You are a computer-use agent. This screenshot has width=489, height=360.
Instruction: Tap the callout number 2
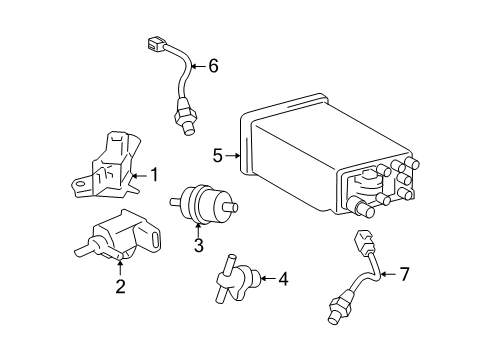pos(120,288)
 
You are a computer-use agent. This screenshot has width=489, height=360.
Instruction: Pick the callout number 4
pos(283,278)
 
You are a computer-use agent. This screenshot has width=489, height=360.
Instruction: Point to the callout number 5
pos(217,155)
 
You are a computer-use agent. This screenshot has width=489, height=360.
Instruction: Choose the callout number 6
pos(212,67)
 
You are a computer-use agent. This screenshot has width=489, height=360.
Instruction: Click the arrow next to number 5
pos(234,155)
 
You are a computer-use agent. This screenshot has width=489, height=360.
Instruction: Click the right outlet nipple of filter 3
pos(236,208)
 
